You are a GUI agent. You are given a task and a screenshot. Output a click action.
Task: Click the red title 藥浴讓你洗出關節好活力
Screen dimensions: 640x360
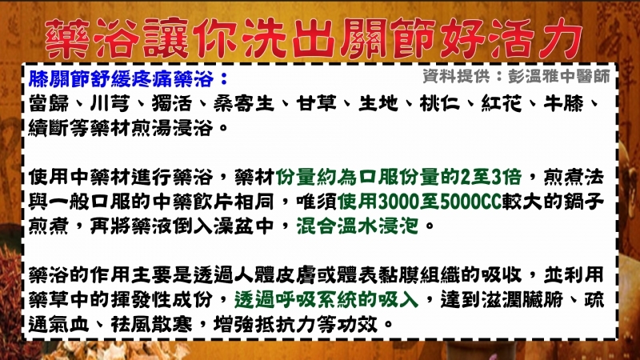[314, 38]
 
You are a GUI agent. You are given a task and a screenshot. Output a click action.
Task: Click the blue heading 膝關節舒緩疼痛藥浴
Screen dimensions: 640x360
[122, 78]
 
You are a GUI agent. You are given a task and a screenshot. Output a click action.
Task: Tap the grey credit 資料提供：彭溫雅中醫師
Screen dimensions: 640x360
[516, 76]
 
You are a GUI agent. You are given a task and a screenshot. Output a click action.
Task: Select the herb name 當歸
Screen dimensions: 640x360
[49, 104]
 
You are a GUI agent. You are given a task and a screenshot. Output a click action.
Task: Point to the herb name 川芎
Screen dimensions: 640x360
[110, 104]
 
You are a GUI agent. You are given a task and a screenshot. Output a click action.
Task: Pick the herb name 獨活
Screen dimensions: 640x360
[172, 104]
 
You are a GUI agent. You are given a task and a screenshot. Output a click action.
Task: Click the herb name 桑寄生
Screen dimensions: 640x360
[244, 104]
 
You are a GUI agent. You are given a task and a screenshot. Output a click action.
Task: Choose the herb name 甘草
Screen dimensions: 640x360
[316, 104]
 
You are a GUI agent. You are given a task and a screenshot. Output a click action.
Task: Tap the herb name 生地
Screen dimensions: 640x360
[378, 104]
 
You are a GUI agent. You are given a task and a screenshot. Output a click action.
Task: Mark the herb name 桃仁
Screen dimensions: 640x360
[439, 104]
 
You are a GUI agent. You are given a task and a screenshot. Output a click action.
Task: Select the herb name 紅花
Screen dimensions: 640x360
[502, 104]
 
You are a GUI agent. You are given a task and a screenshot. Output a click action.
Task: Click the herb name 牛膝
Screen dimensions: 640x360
[563, 104]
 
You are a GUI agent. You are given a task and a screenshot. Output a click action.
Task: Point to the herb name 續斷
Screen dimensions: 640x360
[49, 128]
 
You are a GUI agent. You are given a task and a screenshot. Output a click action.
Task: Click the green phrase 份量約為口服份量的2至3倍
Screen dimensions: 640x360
[398, 177]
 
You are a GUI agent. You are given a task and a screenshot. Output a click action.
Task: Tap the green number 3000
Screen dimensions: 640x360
[399, 202]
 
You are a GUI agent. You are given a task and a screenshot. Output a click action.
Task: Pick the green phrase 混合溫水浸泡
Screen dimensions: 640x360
[358, 226]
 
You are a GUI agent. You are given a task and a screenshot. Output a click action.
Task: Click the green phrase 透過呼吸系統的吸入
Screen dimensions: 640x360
[326, 299]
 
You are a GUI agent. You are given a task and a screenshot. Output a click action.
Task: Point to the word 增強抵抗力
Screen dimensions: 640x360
[264, 324]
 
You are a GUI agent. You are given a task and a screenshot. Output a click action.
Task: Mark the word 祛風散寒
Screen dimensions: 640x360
[151, 324]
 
